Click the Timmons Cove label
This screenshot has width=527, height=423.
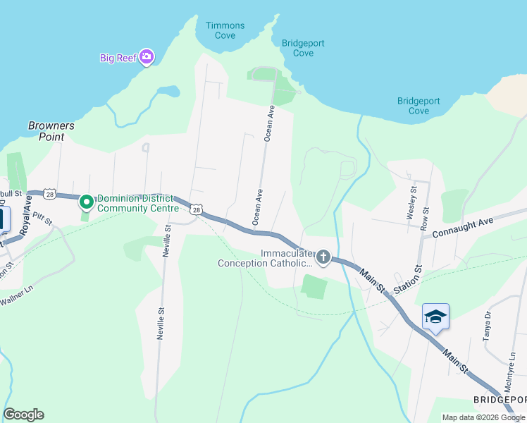(225, 30)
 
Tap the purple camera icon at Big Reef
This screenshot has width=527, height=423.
(147, 57)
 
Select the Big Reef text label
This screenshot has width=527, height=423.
(117, 58)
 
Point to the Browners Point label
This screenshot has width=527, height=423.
(51, 131)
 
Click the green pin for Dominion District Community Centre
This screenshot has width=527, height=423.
(87, 203)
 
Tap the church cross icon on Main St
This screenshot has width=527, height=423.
(323, 257)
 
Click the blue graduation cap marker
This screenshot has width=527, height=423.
(435, 317)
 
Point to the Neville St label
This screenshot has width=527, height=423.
(166, 241)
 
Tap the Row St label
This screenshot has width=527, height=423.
(424, 219)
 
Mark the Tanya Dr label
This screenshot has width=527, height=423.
(487, 325)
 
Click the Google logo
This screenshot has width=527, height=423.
(23, 415)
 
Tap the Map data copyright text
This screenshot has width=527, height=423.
(483, 417)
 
